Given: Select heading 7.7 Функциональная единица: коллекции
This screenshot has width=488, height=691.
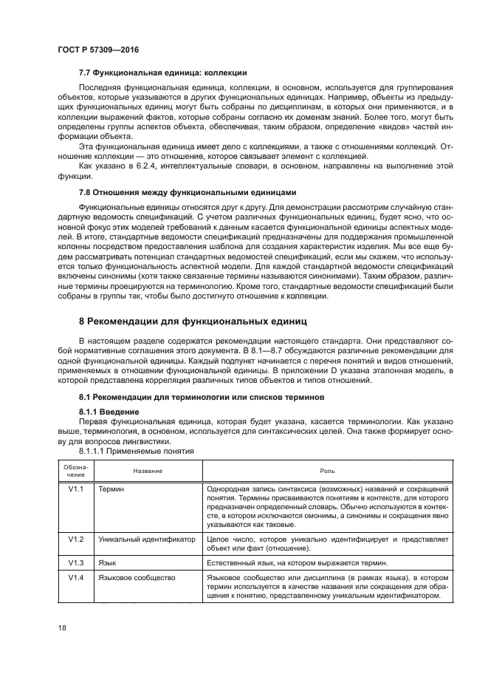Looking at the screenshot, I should [162, 72].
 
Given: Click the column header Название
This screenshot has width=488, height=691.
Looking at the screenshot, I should [148, 470].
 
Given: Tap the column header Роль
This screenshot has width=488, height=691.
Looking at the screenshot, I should [326, 470].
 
